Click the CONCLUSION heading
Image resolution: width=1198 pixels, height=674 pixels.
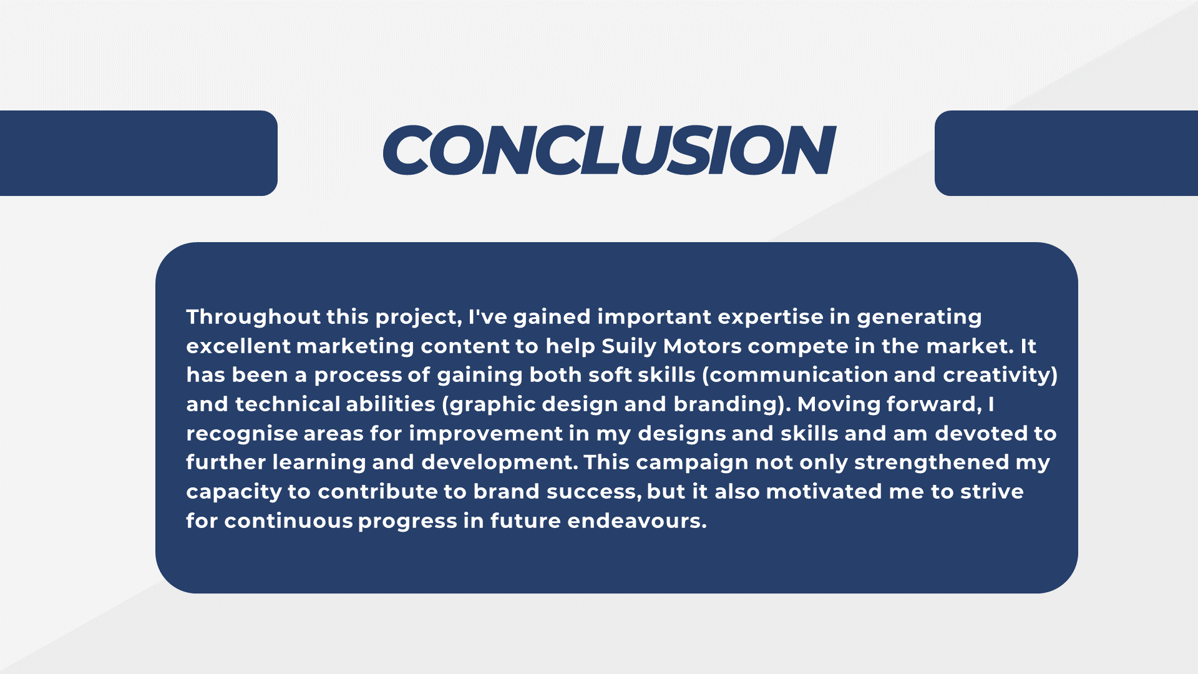(x=608, y=150)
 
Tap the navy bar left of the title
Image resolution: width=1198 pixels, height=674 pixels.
(x=139, y=153)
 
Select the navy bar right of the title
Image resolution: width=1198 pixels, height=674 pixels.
(x=1066, y=153)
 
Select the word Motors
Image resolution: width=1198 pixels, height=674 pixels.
(x=703, y=346)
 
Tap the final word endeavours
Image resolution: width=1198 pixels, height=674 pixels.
(x=636, y=521)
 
